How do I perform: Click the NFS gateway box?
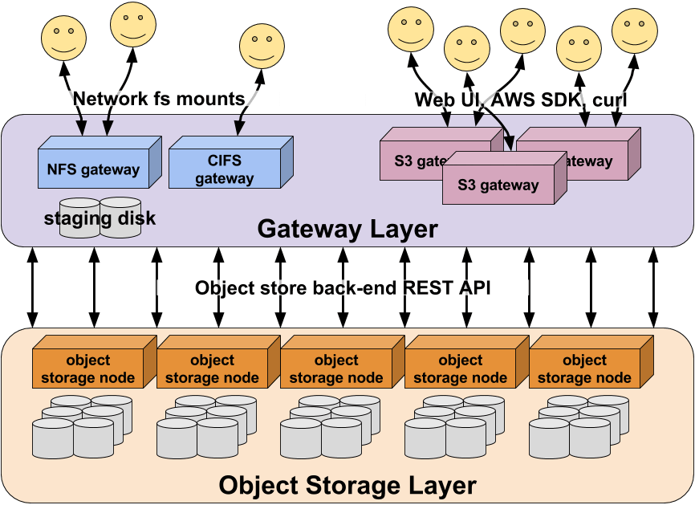[x=93, y=169]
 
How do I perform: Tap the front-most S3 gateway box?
[x=498, y=185]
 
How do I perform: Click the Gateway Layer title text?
[x=347, y=230]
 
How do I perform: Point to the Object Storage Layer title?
[x=347, y=485]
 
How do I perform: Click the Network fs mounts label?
[x=158, y=99]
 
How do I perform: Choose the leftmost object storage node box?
[x=88, y=369]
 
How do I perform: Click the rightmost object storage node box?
[x=584, y=369]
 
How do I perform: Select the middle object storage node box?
[x=336, y=369]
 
